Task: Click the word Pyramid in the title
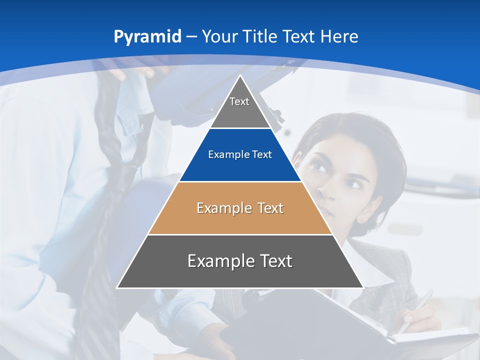(147, 37)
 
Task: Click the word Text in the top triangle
(239, 101)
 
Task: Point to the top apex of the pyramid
(240, 75)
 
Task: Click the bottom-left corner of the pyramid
(117, 287)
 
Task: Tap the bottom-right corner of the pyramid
(363, 287)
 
